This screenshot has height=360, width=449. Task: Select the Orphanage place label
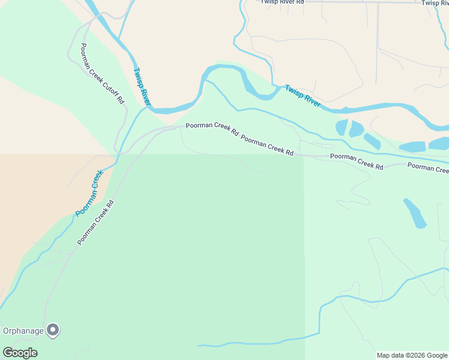click(23, 330)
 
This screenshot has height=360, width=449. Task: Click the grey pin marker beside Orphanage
click(53, 329)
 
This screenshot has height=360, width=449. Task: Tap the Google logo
click(20, 352)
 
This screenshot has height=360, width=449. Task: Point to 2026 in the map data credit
click(417, 355)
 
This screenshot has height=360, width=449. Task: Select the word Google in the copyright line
click(438, 355)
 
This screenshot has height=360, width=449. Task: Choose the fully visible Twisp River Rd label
click(282, 2)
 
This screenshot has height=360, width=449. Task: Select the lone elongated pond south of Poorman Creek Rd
click(415, 213)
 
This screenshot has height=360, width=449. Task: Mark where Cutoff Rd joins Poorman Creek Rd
click(116, 153)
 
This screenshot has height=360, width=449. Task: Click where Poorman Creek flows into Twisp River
click(147, 108)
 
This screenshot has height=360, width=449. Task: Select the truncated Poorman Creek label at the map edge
click(428, 167)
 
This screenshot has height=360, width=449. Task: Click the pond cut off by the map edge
click(439, 143)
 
